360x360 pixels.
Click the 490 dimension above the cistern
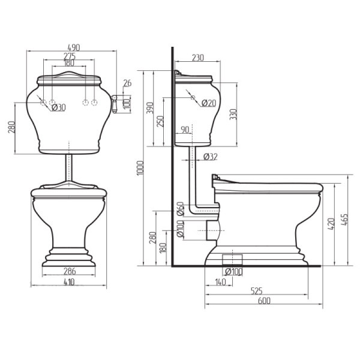pyautogui.click(x=74, y=47)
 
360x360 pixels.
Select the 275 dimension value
pyautogui.click(x=70, y=56)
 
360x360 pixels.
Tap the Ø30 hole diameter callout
pyautogui.click(x=59, y=107)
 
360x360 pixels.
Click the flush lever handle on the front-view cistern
pyautogui.click(x=114, y=104)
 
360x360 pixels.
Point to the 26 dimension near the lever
pyautogui.click(x=127, y=83)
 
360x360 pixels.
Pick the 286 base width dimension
pyautogui.click(x=70, y=271)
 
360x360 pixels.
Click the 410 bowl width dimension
pyautogui.click(x=69, y=282)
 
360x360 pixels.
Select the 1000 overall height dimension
pyautogui.click(x=140, y=168)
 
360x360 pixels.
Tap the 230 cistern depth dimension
pyautogui.click(x=197, y=58)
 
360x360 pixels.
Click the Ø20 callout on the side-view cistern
pyautogui.click(x=209, y=103)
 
